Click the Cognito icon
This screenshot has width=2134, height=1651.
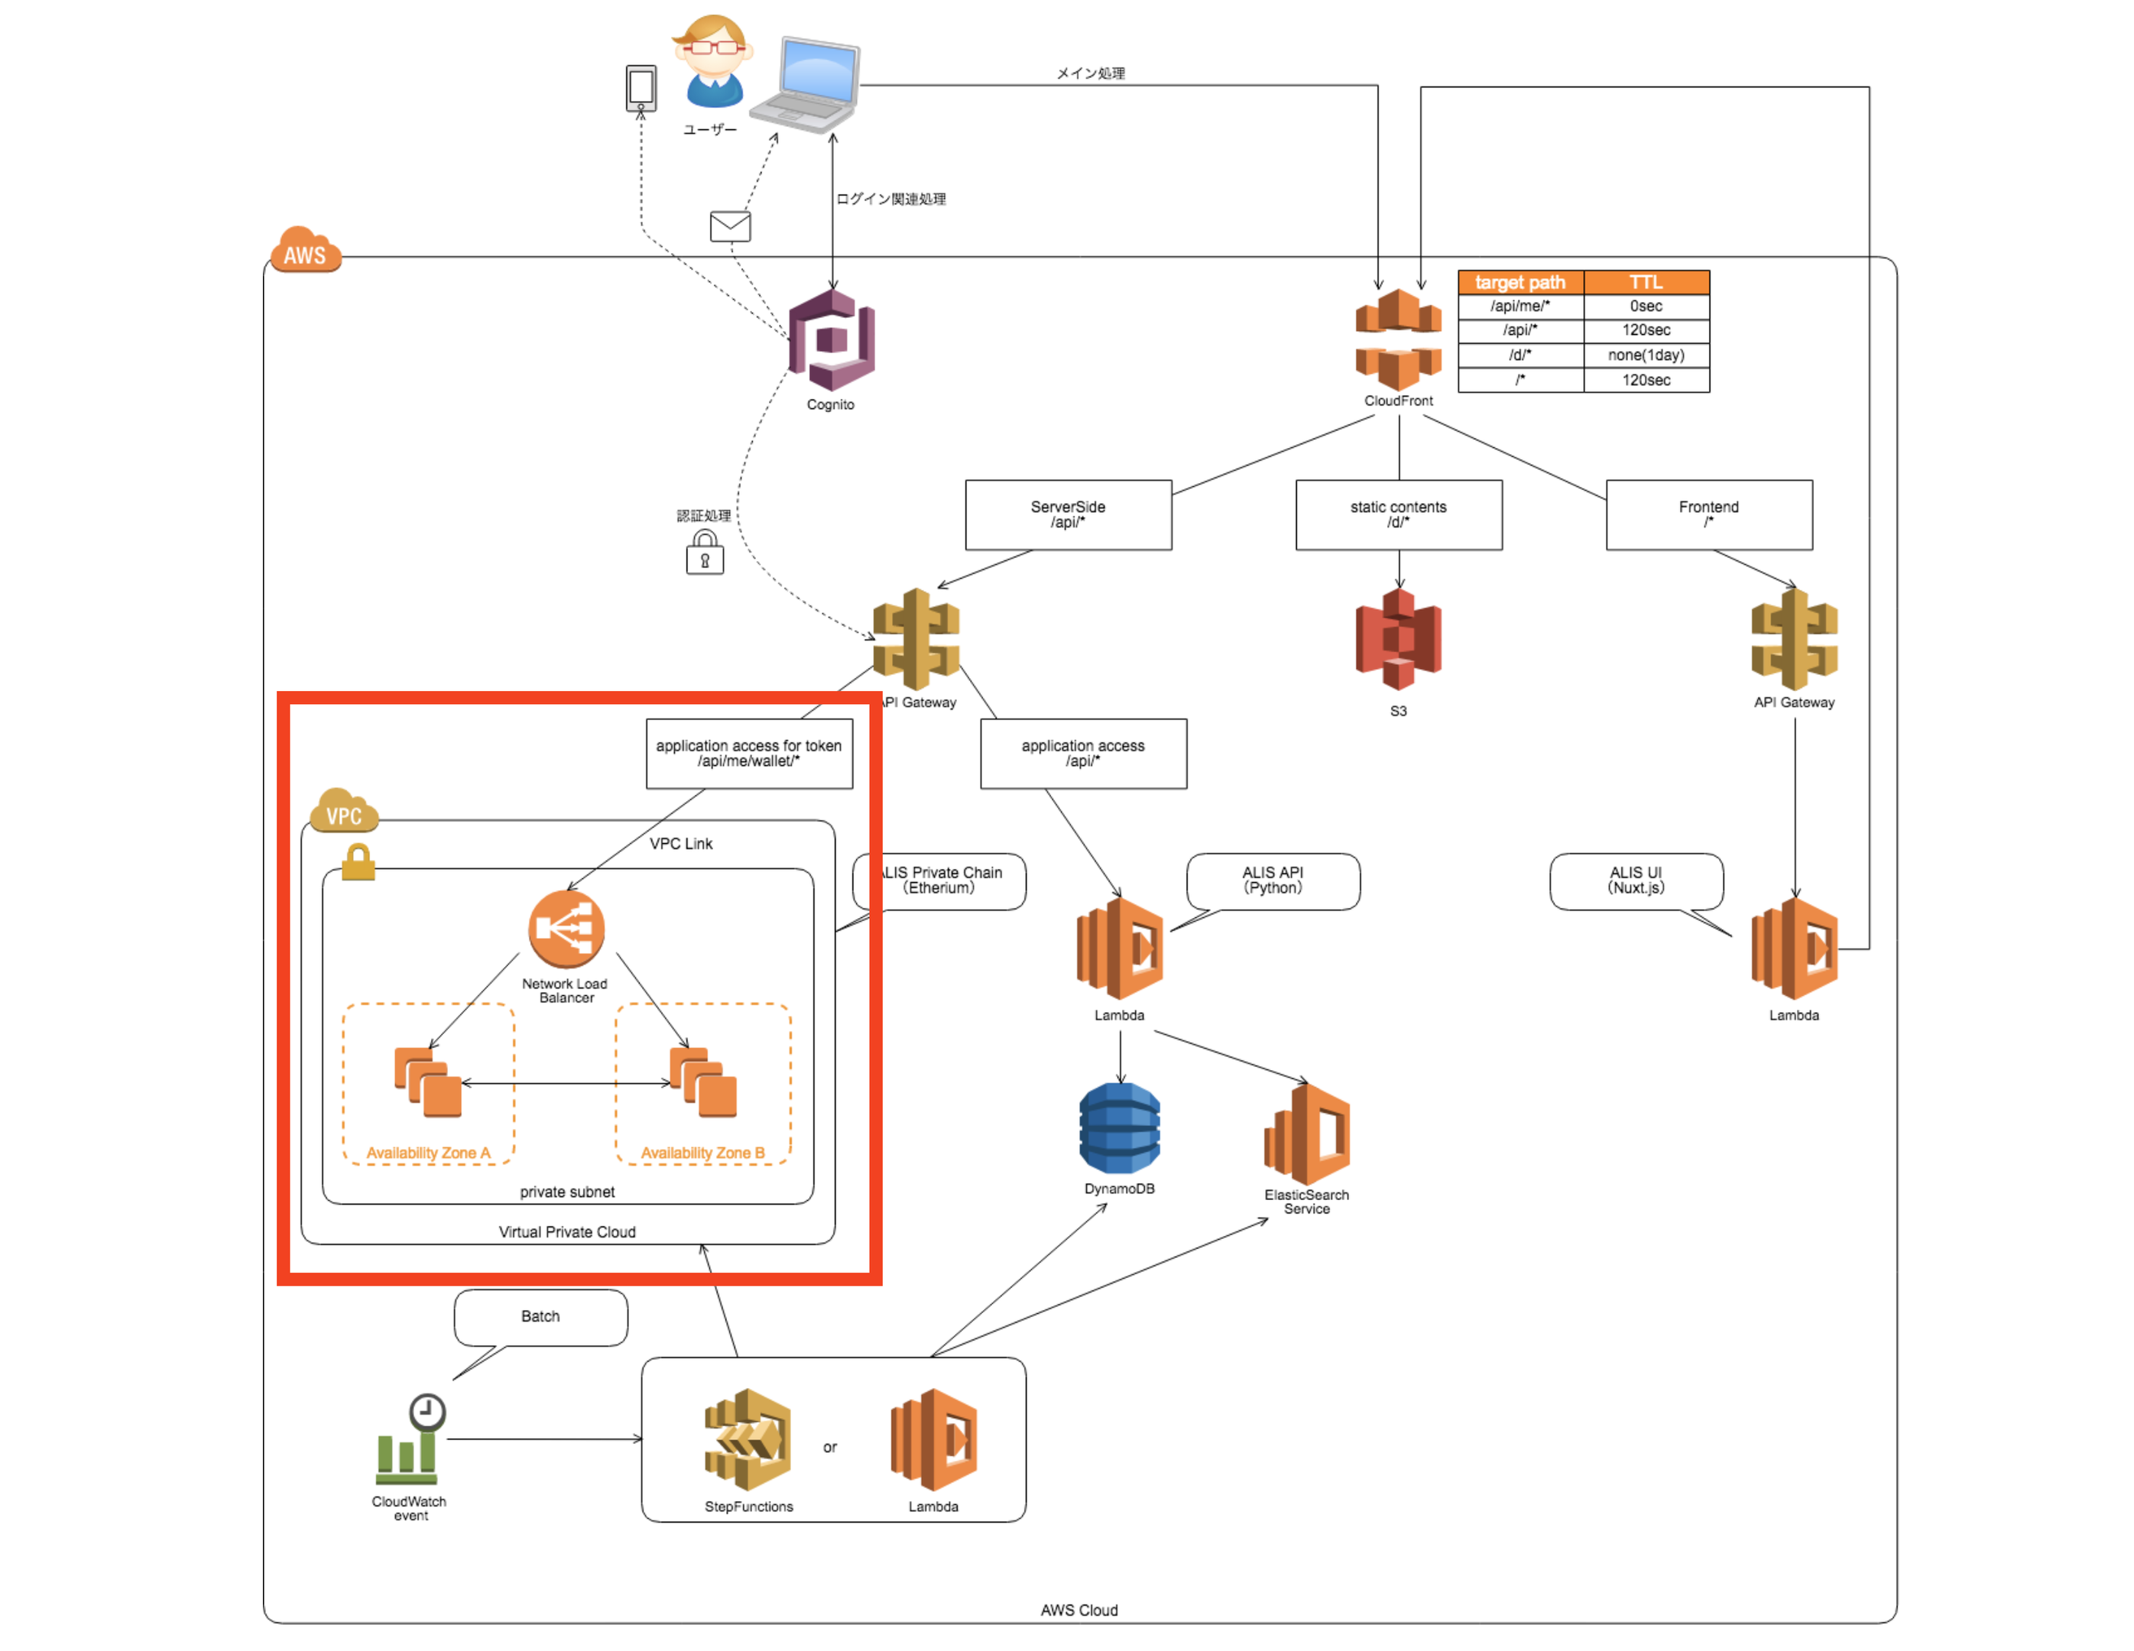(832, 340)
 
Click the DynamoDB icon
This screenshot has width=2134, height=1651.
(1120, 1127)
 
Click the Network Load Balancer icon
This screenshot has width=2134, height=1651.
(566, 928)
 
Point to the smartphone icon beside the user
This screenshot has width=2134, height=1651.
(641, 88)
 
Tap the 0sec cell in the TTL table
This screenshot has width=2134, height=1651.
(1646, 306)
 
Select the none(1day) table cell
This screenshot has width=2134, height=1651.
(1646, 355)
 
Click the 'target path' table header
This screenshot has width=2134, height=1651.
(1519, 282)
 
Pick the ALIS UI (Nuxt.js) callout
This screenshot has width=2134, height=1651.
(1636, 881)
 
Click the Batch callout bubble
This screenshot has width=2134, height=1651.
(540, 1316)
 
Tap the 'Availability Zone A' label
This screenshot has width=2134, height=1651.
(428, 1153)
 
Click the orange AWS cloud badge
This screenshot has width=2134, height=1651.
(306, 252)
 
